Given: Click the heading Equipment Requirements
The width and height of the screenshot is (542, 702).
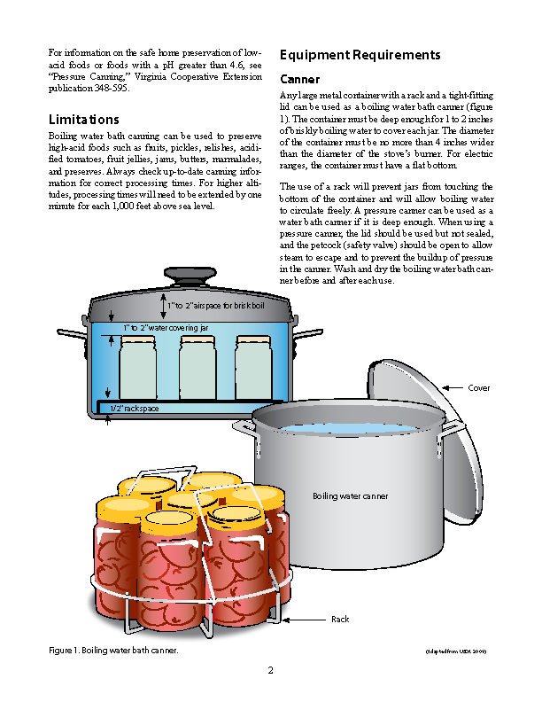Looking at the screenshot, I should pos(360,55).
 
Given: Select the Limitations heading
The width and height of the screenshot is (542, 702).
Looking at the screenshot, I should pos(84,119).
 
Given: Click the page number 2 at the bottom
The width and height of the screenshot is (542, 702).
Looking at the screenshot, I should pos(270,670).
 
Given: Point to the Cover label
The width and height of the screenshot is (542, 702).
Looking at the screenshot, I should pos(479,388).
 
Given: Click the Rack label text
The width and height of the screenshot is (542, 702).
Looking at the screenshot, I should pos(341,619).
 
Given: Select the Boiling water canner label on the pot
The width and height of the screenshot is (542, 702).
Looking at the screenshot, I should pos(351,496).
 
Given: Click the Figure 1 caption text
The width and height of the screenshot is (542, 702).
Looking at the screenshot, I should pos(113,651).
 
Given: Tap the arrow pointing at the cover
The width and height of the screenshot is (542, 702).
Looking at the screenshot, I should pos(452,388).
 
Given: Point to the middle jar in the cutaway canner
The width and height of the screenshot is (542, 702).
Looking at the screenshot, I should pos(197,366).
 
